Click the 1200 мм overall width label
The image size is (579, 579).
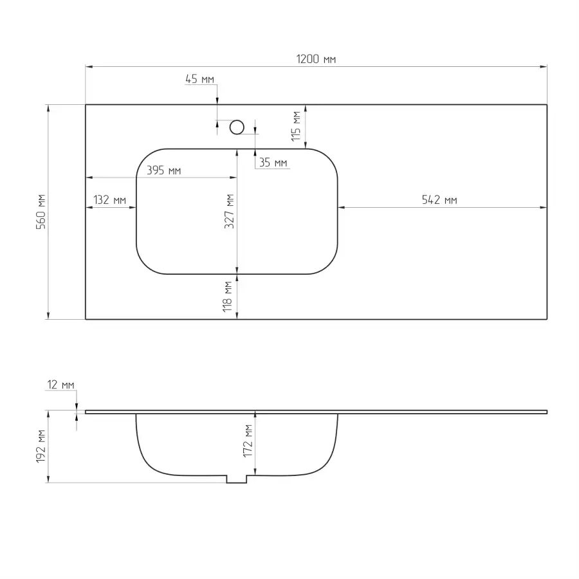click(x=316, y=59)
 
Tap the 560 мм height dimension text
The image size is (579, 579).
click(x=41, y=212)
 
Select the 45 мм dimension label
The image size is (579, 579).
click(x=199, y=79)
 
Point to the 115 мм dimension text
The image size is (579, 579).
click(x=296, y=126)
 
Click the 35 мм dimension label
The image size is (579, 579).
click(x=273, y=163)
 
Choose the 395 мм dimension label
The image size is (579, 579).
click(x=163, y=170)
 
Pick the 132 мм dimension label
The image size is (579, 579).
click(x=109, y=200)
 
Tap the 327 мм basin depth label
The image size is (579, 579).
click(x=229, y=211)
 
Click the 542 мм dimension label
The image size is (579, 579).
click(x=439, y=200)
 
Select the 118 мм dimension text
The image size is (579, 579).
click(x=228, y=297)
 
